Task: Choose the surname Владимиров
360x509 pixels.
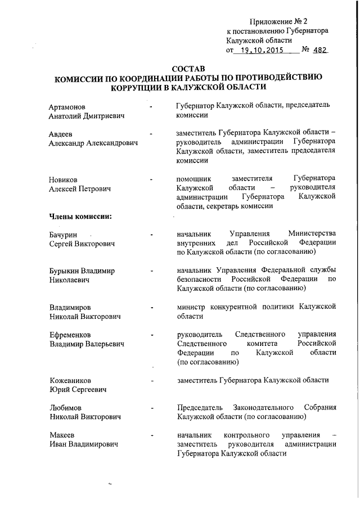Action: click(70, 307)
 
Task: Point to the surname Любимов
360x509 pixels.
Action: click(65, 408)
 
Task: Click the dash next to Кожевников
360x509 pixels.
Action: click(152, 381)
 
